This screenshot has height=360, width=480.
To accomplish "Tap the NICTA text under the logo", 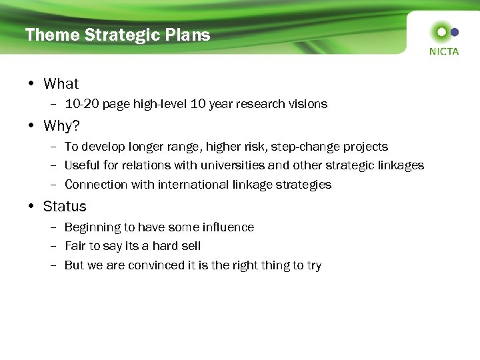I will click(x=444, y=51).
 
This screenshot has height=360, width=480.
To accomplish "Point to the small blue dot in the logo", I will click(x=455, y=31).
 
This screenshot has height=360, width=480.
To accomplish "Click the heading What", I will click(x=61, y=84).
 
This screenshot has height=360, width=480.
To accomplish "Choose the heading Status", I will click(x=65, y=207).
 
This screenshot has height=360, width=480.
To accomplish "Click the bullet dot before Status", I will click(x=33, y=207).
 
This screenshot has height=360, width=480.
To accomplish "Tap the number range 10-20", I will click(x=81, y=104).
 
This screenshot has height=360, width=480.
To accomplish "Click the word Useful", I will click(x=81, y=165).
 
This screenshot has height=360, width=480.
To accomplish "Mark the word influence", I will click(x=229, y=227).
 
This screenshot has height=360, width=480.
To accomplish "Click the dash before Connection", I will click(x=54, y=185).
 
